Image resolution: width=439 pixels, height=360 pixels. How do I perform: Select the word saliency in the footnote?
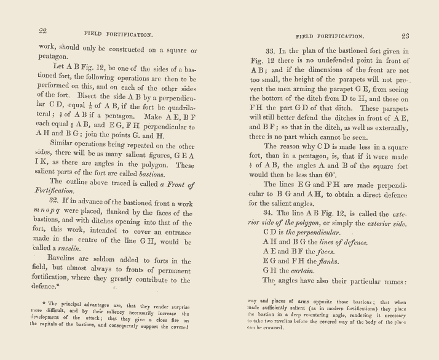click(x=132, y=313)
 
